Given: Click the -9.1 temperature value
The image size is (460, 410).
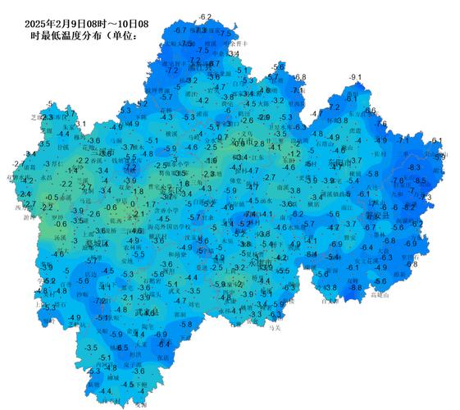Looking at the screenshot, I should pos(355,77).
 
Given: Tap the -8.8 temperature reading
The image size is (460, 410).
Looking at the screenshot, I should pos(355,287).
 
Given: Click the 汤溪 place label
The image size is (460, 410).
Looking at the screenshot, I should pos(57,235).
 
